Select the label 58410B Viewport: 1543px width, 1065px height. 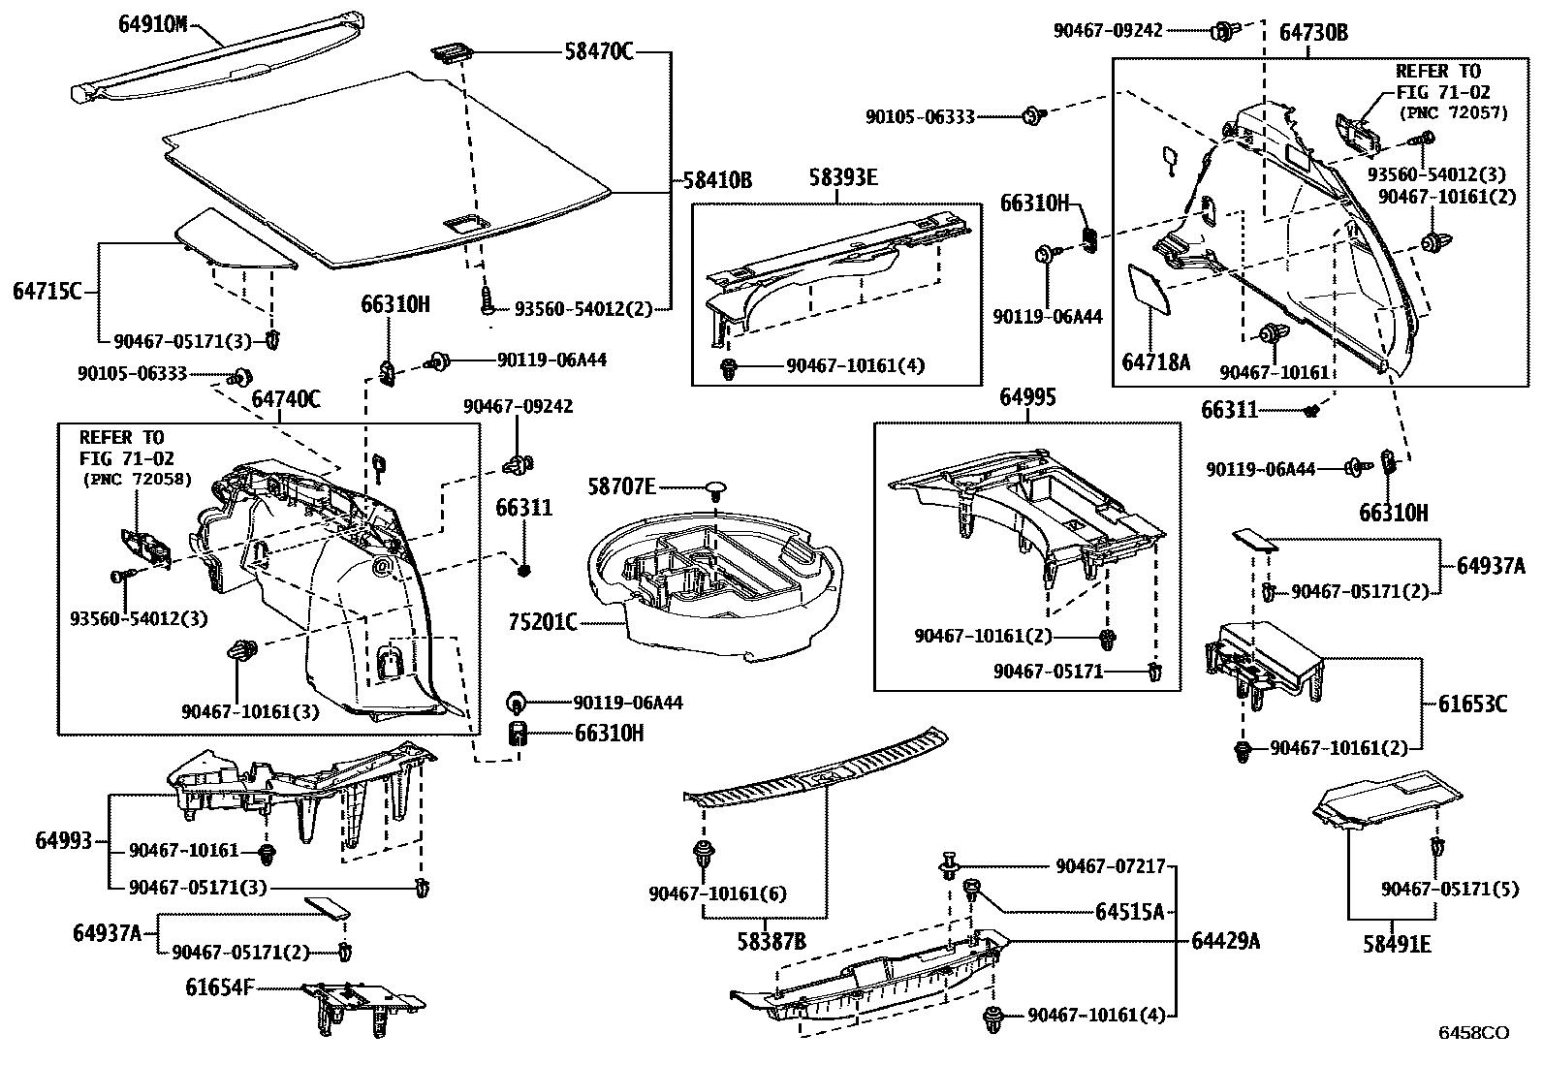point(717,180)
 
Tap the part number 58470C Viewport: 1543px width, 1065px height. point(598,51)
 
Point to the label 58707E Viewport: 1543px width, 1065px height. point(622,486)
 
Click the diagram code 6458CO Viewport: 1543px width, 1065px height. point(1472,1033)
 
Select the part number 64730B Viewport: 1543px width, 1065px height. point(1313,33)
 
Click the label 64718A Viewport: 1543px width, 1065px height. point(1155,362)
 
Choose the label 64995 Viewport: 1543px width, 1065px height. point(1027,398)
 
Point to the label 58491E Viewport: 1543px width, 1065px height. point(1397,944)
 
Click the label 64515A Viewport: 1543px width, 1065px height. point(1129,912)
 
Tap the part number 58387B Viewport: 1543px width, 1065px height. point(771,942)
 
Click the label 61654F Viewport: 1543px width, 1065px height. point(220,987)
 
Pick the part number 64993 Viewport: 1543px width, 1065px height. point(64,840)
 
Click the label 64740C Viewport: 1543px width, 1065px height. point(286,398)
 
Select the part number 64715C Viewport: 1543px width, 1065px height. point(47,290)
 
